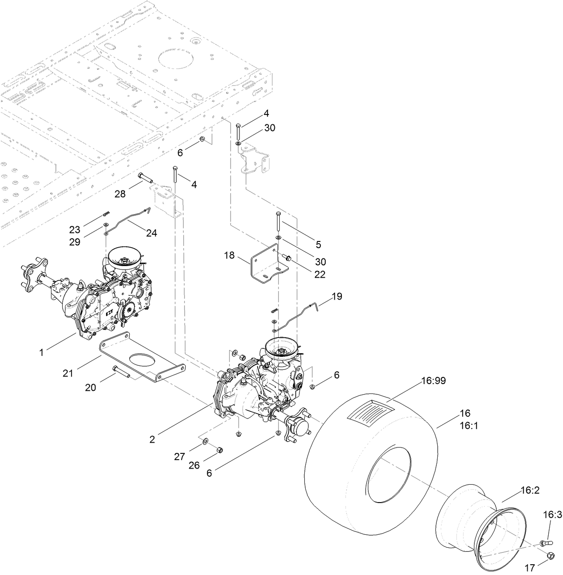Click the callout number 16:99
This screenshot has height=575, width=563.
[x=433, y=381]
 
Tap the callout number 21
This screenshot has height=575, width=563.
[x=68, y=373]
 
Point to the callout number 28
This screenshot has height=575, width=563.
[x=120, y=194]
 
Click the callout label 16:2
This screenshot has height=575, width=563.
[x=530, y=490]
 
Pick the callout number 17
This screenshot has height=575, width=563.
[x=529, y=568]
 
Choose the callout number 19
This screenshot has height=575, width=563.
[x=337, y=296]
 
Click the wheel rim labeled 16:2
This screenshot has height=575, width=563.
[x=479, y=523]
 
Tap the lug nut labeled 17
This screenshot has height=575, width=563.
[x=550, y=556]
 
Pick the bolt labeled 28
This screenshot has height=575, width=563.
[x=145, y=178]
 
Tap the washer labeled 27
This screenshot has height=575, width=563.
[x=205, y=442]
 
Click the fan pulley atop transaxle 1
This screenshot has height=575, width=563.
[x=124, y=258]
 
